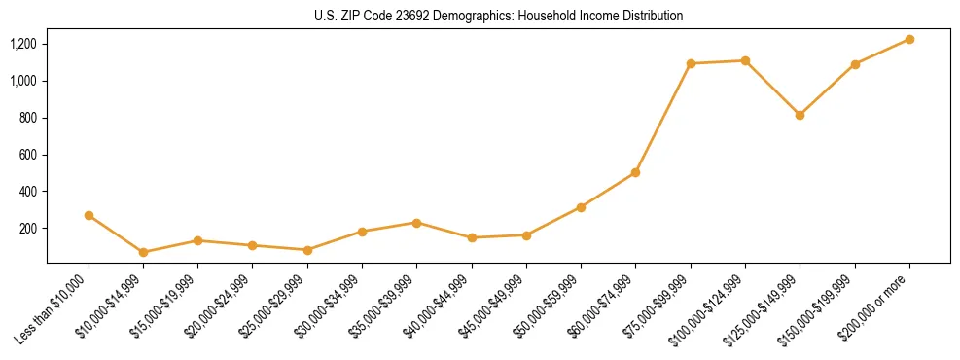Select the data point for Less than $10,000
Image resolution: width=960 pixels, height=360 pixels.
click(89, 215)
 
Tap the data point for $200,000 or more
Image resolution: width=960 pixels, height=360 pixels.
click(909, 39)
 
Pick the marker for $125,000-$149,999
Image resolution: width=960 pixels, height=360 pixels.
click(800, 115)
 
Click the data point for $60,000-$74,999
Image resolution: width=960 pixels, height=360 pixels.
click(635, 172)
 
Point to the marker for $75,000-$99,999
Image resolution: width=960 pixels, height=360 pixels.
click(691, 63)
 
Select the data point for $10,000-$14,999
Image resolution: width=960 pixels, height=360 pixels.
click(143, 252)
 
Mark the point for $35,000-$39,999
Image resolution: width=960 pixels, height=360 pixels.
click(417, 223)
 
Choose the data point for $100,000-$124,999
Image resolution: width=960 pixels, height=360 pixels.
click(745, 60)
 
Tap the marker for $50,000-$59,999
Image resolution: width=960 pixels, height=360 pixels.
click(581, 207)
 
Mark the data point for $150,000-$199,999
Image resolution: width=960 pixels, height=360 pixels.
click(855, 64)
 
